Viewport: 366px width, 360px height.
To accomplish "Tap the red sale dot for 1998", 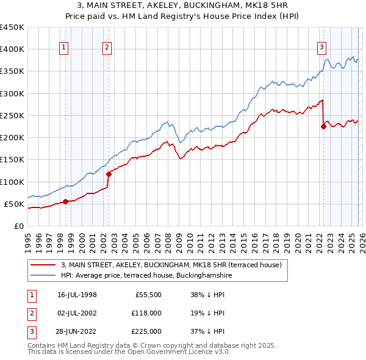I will pos(65,201).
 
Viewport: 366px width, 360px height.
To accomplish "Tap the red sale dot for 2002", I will pos(109,174).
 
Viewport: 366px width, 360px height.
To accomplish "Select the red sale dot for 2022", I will pos(323,127).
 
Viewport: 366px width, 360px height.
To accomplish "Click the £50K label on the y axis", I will pos(14,204).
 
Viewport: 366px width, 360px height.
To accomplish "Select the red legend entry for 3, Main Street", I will pos(171,265).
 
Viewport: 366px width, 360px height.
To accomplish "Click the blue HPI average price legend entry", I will pos(146,276).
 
